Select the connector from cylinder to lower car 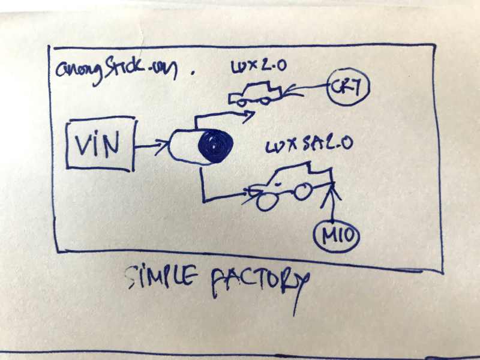(x=216, y=192)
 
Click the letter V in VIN (x=82, y=143)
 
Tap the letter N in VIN (x=116, y=143)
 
